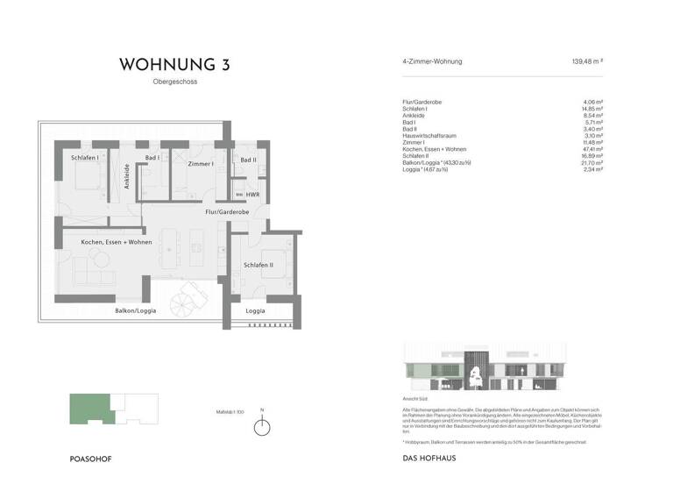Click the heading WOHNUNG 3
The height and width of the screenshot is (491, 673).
click(x=180, y=65)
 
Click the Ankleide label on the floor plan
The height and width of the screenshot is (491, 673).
click(x=127, y=177)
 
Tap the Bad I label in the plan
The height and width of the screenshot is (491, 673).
click(x=152, y=158)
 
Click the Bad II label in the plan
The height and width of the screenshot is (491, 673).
click(x=248, y=160)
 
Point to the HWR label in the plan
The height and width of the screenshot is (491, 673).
click(x=252, y=195)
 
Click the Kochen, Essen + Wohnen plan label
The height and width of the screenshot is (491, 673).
click(x=117, y=242)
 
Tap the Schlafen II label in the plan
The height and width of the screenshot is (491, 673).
click(x=259, y=265)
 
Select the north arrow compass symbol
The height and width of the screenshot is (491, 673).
click(x=260, y=427)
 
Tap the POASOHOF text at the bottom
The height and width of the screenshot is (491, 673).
click(x=90, y=459)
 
